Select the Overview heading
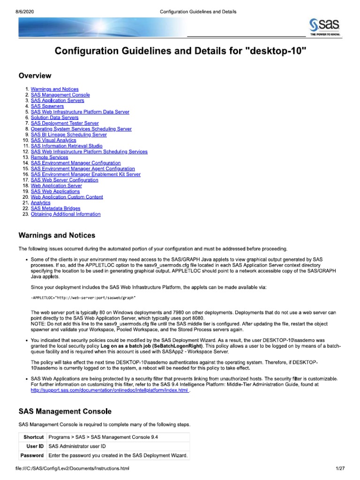35,75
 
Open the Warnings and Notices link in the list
54,89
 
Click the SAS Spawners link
47,106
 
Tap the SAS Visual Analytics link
53,140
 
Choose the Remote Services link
49,157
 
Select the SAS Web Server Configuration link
64,180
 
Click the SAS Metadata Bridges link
55,209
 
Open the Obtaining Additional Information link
65,214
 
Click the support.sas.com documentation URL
109,390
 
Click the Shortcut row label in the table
34,437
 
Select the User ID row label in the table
35,446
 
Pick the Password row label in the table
32,456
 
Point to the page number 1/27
340,468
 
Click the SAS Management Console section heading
65,412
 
